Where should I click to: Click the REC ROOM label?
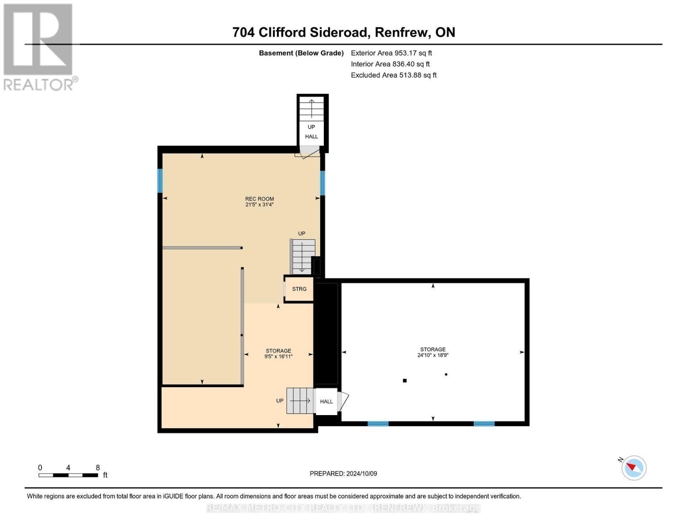[260, 199]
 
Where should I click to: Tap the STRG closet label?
[299, 289]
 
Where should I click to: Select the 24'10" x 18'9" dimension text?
[433, 355]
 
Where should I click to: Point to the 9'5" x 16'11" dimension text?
[278, 357]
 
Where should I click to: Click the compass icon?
[633, 468]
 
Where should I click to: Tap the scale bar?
[68, 475]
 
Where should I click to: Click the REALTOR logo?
[39, 47]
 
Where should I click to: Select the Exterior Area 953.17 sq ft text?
[391, 53]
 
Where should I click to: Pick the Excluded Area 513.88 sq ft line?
[393, 75]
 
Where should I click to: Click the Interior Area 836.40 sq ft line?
[390, 64]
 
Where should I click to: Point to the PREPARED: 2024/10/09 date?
[343, 473]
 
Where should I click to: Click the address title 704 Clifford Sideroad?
[344, 32]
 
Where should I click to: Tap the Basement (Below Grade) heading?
[301, 53]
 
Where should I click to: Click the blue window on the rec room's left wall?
[160, 181]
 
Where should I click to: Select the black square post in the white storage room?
[404, 381]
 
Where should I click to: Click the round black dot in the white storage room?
[446, 374]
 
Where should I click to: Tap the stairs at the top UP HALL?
[311, 108]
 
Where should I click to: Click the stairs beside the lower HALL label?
[300, 401]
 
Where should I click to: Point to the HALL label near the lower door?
[326, 402]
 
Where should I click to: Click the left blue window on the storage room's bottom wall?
[378, 424]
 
